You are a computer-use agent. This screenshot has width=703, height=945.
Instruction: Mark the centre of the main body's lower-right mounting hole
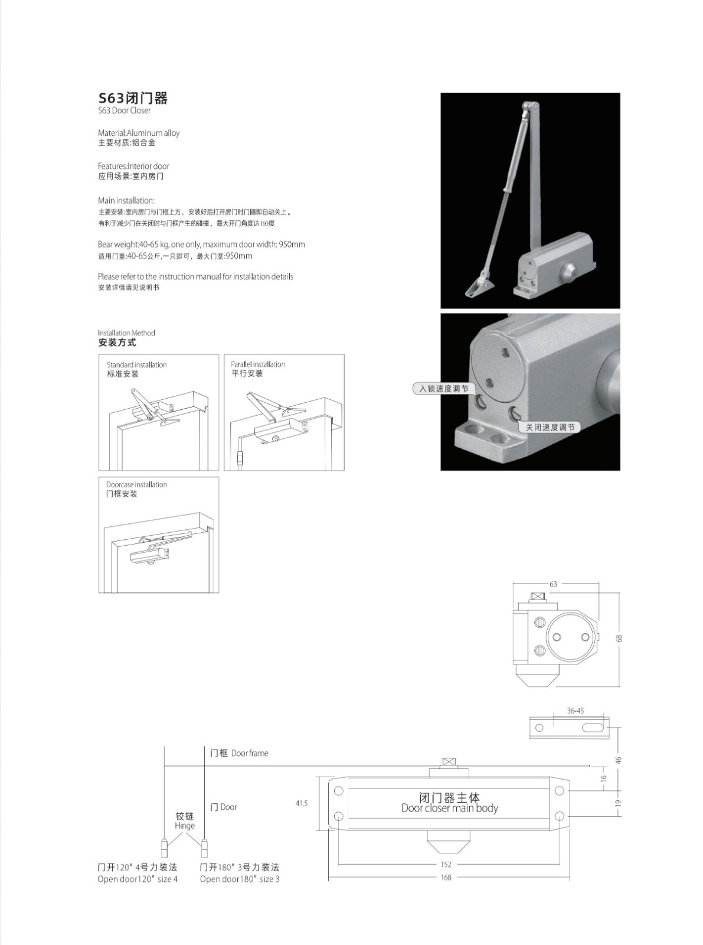[560, 816]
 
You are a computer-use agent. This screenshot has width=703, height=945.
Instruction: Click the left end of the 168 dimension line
[329, 877]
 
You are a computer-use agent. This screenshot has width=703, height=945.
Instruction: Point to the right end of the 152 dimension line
[560, 865]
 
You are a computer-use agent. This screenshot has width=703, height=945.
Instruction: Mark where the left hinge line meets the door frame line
[164, 765]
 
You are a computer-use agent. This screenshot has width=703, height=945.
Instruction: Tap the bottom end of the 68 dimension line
[620, 686]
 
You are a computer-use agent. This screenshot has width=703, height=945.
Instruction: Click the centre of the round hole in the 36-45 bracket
[539, 728]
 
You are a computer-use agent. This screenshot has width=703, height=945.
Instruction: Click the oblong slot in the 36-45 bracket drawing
[591, 728]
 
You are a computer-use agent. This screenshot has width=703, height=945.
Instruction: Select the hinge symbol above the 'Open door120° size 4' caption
[164, 848]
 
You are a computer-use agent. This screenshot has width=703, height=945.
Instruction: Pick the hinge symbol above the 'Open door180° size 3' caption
[204, 848]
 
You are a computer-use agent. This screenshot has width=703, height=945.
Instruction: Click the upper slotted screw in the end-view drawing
[539, 623]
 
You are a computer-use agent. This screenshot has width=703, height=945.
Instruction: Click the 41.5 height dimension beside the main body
[302, 804]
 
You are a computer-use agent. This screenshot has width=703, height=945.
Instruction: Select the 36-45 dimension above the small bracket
[576, 711]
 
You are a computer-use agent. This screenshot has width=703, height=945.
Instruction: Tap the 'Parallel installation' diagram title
[258, 364]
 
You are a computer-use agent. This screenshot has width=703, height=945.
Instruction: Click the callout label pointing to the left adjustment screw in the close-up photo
[444, 389]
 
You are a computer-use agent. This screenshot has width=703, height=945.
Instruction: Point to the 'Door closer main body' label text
[450, 808]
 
